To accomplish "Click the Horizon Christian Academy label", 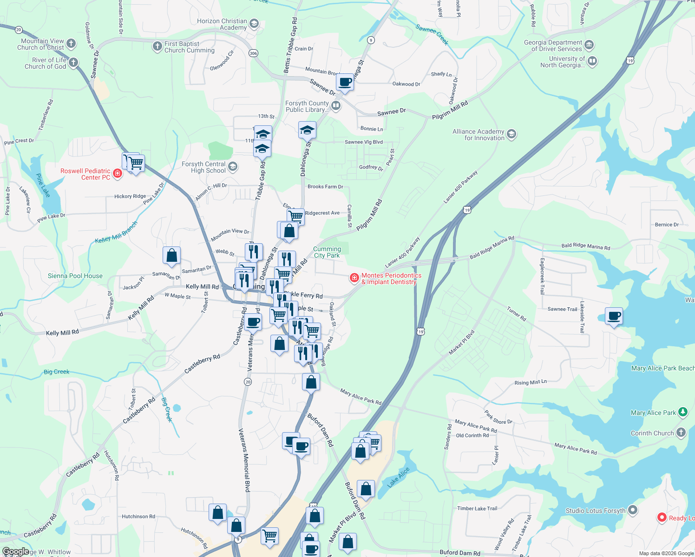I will tap(222, 24).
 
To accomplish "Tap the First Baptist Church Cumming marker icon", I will tap(157, 46).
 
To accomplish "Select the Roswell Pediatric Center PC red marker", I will tap(118, 174).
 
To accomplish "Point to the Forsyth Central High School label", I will tap(203, 167).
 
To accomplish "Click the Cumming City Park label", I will tap(327, 252).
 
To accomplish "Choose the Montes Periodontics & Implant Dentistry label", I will tap(391, 278).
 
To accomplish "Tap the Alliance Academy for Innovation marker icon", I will tap(511, 134).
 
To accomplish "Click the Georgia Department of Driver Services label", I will tap(552, 45).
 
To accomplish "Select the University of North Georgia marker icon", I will tap(592, 61).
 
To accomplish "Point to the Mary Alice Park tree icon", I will tap(682, 412).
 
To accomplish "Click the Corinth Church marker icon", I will tap(681, 433).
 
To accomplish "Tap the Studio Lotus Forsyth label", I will tap(595, 511).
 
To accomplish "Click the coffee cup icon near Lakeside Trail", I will tap(614, 316).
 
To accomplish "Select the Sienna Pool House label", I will tap(75, 276).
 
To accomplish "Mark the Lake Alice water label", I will tap(398, 477).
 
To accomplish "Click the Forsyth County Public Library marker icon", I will tap(336, 106).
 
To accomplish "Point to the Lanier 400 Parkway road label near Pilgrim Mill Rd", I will tap(460, 187).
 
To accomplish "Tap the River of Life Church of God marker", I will tap(73, 62).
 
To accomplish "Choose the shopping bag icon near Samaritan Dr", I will tap(171, 255).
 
